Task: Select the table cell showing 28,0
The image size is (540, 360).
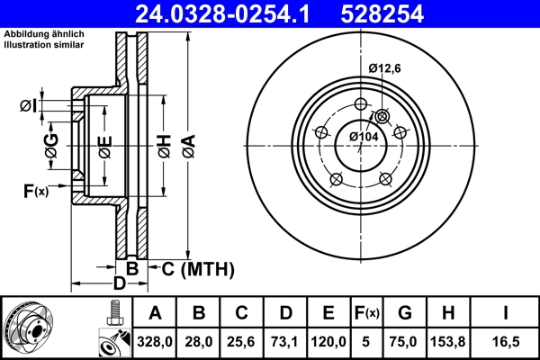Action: point(199,340)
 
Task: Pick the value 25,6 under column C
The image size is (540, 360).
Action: point(242,340)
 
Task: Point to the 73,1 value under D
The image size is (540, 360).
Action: point(285,340)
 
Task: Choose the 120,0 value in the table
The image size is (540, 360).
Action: point(328,340)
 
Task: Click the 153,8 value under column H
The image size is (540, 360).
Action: point(448,340)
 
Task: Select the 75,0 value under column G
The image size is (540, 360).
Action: point(404,340)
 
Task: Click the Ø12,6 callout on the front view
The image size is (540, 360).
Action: point(385,67)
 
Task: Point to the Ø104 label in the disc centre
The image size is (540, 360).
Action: point(363,136)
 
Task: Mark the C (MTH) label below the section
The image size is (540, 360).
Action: point(197,268)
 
